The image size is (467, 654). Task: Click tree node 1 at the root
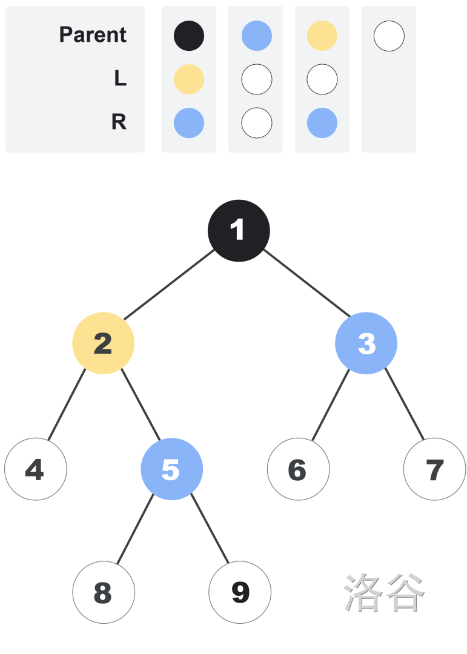[239, 231]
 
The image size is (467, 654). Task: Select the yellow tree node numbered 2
[104, 343]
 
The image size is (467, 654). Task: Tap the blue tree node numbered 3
[366, 343]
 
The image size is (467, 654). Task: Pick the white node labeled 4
[36, 469]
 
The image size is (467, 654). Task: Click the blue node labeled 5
[172, 469]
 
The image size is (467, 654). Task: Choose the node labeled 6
[299, 469]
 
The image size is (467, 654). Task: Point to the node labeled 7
[434, 469]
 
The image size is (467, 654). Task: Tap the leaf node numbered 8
[104, 592]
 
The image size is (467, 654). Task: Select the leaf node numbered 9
[240, 592]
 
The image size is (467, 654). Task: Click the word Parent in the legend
[93, 35]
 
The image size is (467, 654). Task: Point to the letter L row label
[120, 78]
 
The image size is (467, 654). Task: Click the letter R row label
[119, 122]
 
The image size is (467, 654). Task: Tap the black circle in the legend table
[189, 36]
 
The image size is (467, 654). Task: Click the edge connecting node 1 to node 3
[307, 283]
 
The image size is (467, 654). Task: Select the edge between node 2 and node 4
[67, 405]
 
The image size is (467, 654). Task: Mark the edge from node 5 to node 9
[210, 529]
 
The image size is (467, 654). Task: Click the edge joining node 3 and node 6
[331, 405]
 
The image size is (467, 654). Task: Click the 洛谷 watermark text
[385, 592]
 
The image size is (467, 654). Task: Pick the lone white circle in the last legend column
[389, 36]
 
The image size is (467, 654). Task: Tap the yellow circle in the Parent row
[322, 36]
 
